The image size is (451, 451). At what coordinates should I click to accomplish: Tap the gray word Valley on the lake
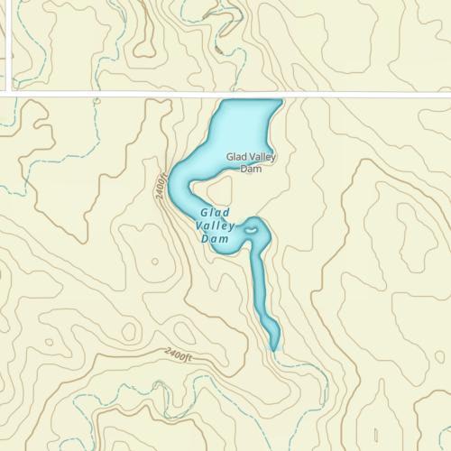261,157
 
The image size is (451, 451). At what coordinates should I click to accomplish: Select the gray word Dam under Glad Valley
251,168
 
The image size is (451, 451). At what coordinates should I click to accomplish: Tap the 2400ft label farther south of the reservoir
179,354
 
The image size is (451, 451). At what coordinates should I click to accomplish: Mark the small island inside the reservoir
252,231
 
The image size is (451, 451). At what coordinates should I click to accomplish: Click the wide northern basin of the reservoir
239,126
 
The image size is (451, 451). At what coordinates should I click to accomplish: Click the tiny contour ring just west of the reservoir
154,262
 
